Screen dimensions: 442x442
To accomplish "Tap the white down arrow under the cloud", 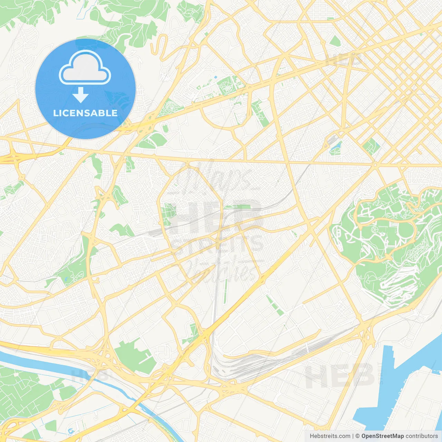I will click(x=80, y=95).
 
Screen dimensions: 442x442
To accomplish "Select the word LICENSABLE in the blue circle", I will click(x=85, y=113).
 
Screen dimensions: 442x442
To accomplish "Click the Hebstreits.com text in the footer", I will click(x=330, y=436).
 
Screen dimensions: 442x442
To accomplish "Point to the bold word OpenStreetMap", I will click(x=382, y=436).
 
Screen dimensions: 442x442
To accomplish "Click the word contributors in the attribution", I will click(x=422, y=436).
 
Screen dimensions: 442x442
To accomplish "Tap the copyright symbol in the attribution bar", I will click(x=357, y=436).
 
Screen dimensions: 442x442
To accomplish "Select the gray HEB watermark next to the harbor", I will click(x=340, y=376).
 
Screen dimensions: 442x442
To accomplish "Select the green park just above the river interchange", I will click(x=133, y=356).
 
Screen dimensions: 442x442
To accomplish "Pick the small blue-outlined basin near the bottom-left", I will click(x=71, y=431).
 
